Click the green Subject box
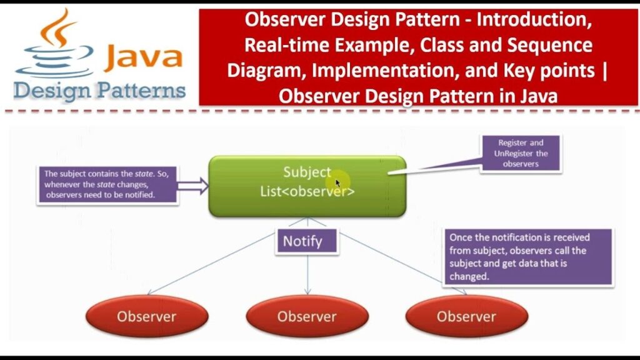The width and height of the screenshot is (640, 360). click(307, 186)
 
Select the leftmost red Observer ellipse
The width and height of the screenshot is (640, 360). click(146, 316)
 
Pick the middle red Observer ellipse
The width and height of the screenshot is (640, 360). click(307, 316)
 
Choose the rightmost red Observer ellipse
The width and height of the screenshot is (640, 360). click(466, 316)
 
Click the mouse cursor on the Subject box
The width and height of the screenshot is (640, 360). click(338, 183)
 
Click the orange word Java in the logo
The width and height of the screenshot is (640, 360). click(143, 57)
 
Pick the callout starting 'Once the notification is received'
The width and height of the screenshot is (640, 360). click(527, 257)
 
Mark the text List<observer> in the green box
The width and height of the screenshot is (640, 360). click(307, 192)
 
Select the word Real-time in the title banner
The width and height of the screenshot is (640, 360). click(279, 46)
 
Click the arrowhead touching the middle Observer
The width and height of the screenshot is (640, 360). click(307, 292)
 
